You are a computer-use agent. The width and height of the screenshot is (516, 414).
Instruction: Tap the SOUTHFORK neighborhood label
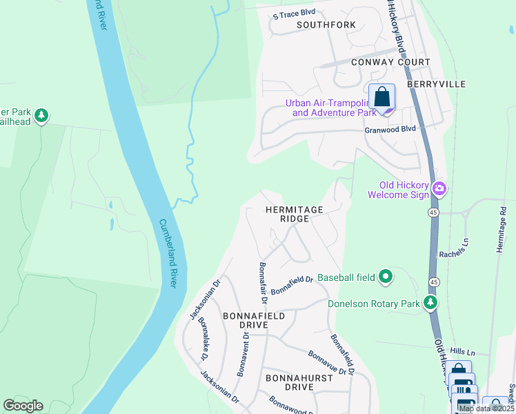tap(326, 25)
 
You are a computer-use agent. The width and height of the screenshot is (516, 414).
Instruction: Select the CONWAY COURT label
tap(390, 62)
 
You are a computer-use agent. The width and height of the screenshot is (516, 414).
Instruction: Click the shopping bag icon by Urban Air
tap(381, 97)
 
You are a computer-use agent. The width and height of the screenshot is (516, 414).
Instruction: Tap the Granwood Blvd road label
tap(390, 130)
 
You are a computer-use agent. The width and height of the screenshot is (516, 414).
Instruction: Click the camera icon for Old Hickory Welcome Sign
tap(439, 188)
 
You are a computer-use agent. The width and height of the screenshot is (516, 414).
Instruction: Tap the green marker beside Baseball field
tap(386, 277)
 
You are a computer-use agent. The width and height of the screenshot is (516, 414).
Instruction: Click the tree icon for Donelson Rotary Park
tap(431, 302)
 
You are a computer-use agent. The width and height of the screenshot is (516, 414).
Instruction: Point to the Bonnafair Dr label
tap(262, 282)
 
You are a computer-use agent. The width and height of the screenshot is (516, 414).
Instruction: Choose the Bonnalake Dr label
tap(203, 339)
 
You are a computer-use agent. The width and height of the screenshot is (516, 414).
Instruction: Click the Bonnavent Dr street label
tap(242, 351)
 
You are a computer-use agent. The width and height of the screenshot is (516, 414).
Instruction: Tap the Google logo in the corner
tap(23, 406)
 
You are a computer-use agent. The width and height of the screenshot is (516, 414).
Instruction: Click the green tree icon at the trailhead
tap(41, 115)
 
